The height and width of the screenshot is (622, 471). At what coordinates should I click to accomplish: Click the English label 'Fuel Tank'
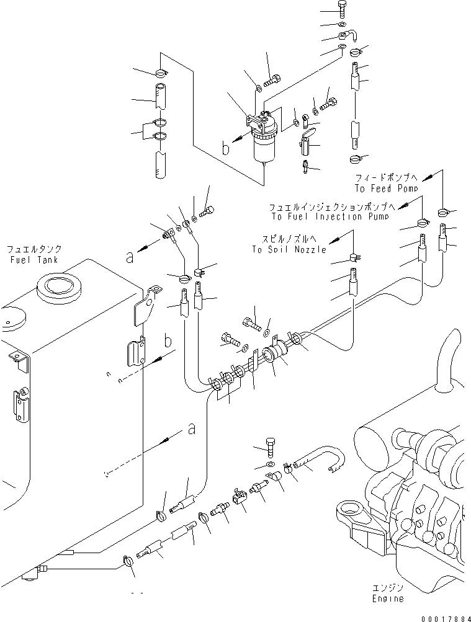pos(34,260)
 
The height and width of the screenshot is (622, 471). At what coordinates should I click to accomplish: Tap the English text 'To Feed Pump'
pos(385,188)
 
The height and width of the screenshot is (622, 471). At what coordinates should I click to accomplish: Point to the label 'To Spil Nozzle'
pos(289,249)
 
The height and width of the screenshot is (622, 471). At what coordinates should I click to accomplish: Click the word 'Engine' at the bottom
pos(388,598)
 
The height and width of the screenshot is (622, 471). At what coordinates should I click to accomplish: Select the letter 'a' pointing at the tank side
pos(191,428)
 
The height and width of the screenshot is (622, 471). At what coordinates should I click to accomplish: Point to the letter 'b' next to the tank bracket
pos(168,342)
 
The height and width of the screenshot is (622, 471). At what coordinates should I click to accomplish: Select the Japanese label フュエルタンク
pos(34,249)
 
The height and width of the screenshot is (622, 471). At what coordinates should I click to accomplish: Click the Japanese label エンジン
pos(388,587)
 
